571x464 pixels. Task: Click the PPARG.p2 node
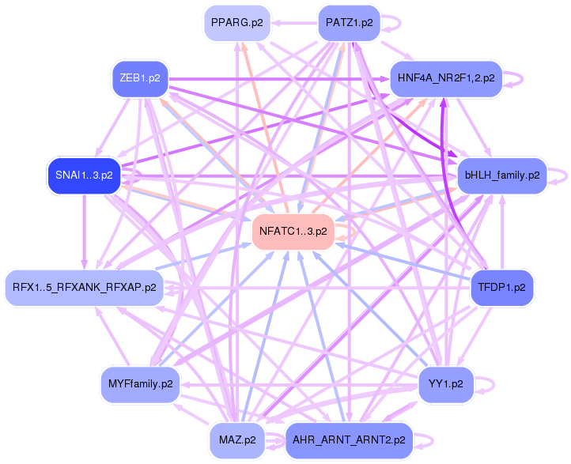tap(234, 23)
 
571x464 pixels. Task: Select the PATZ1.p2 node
tap(349, 23)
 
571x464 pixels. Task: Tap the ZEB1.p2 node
tap(140, 78)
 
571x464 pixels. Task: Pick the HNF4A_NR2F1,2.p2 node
tap(447, 78)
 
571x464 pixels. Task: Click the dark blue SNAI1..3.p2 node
tap(84, 175)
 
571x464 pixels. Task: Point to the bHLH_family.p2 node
tap(502, 175)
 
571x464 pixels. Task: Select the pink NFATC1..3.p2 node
tap(293, 232)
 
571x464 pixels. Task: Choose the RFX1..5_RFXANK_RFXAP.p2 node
tap(85, 286)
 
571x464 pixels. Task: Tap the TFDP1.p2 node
tap(502, 286)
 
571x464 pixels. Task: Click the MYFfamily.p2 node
tap(140, 383)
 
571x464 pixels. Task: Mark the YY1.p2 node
tap(447, 383)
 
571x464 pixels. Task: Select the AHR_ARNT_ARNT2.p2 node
tap(349, 439)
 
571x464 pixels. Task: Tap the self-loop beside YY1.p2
tap(490, 384)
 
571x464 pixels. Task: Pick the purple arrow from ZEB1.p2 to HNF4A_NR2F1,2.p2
tap(277, 78)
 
